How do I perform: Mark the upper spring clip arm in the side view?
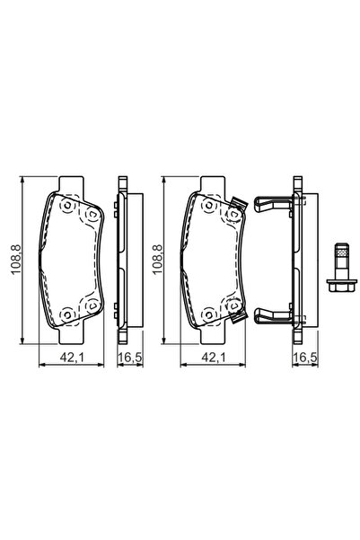(274, 204)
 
